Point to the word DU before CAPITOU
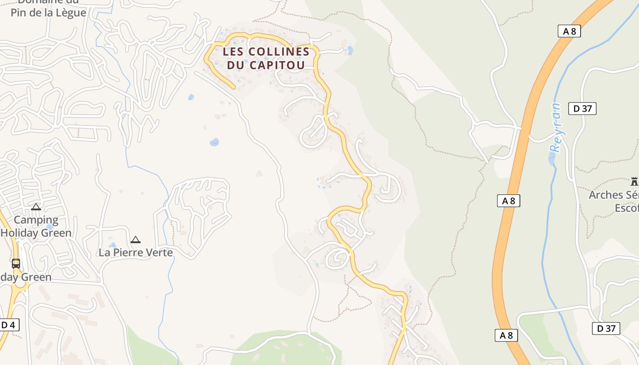236,65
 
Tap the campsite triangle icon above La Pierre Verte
135,240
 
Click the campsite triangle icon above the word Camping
36,207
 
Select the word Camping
36,220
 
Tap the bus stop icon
16,264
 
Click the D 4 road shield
8,325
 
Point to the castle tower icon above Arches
634,181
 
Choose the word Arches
606,195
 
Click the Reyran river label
555,127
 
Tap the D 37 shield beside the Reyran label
582,109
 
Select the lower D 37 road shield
606,328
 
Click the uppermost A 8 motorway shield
569,31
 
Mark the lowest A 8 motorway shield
507,335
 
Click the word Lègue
70,12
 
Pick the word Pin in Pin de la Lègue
21,12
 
